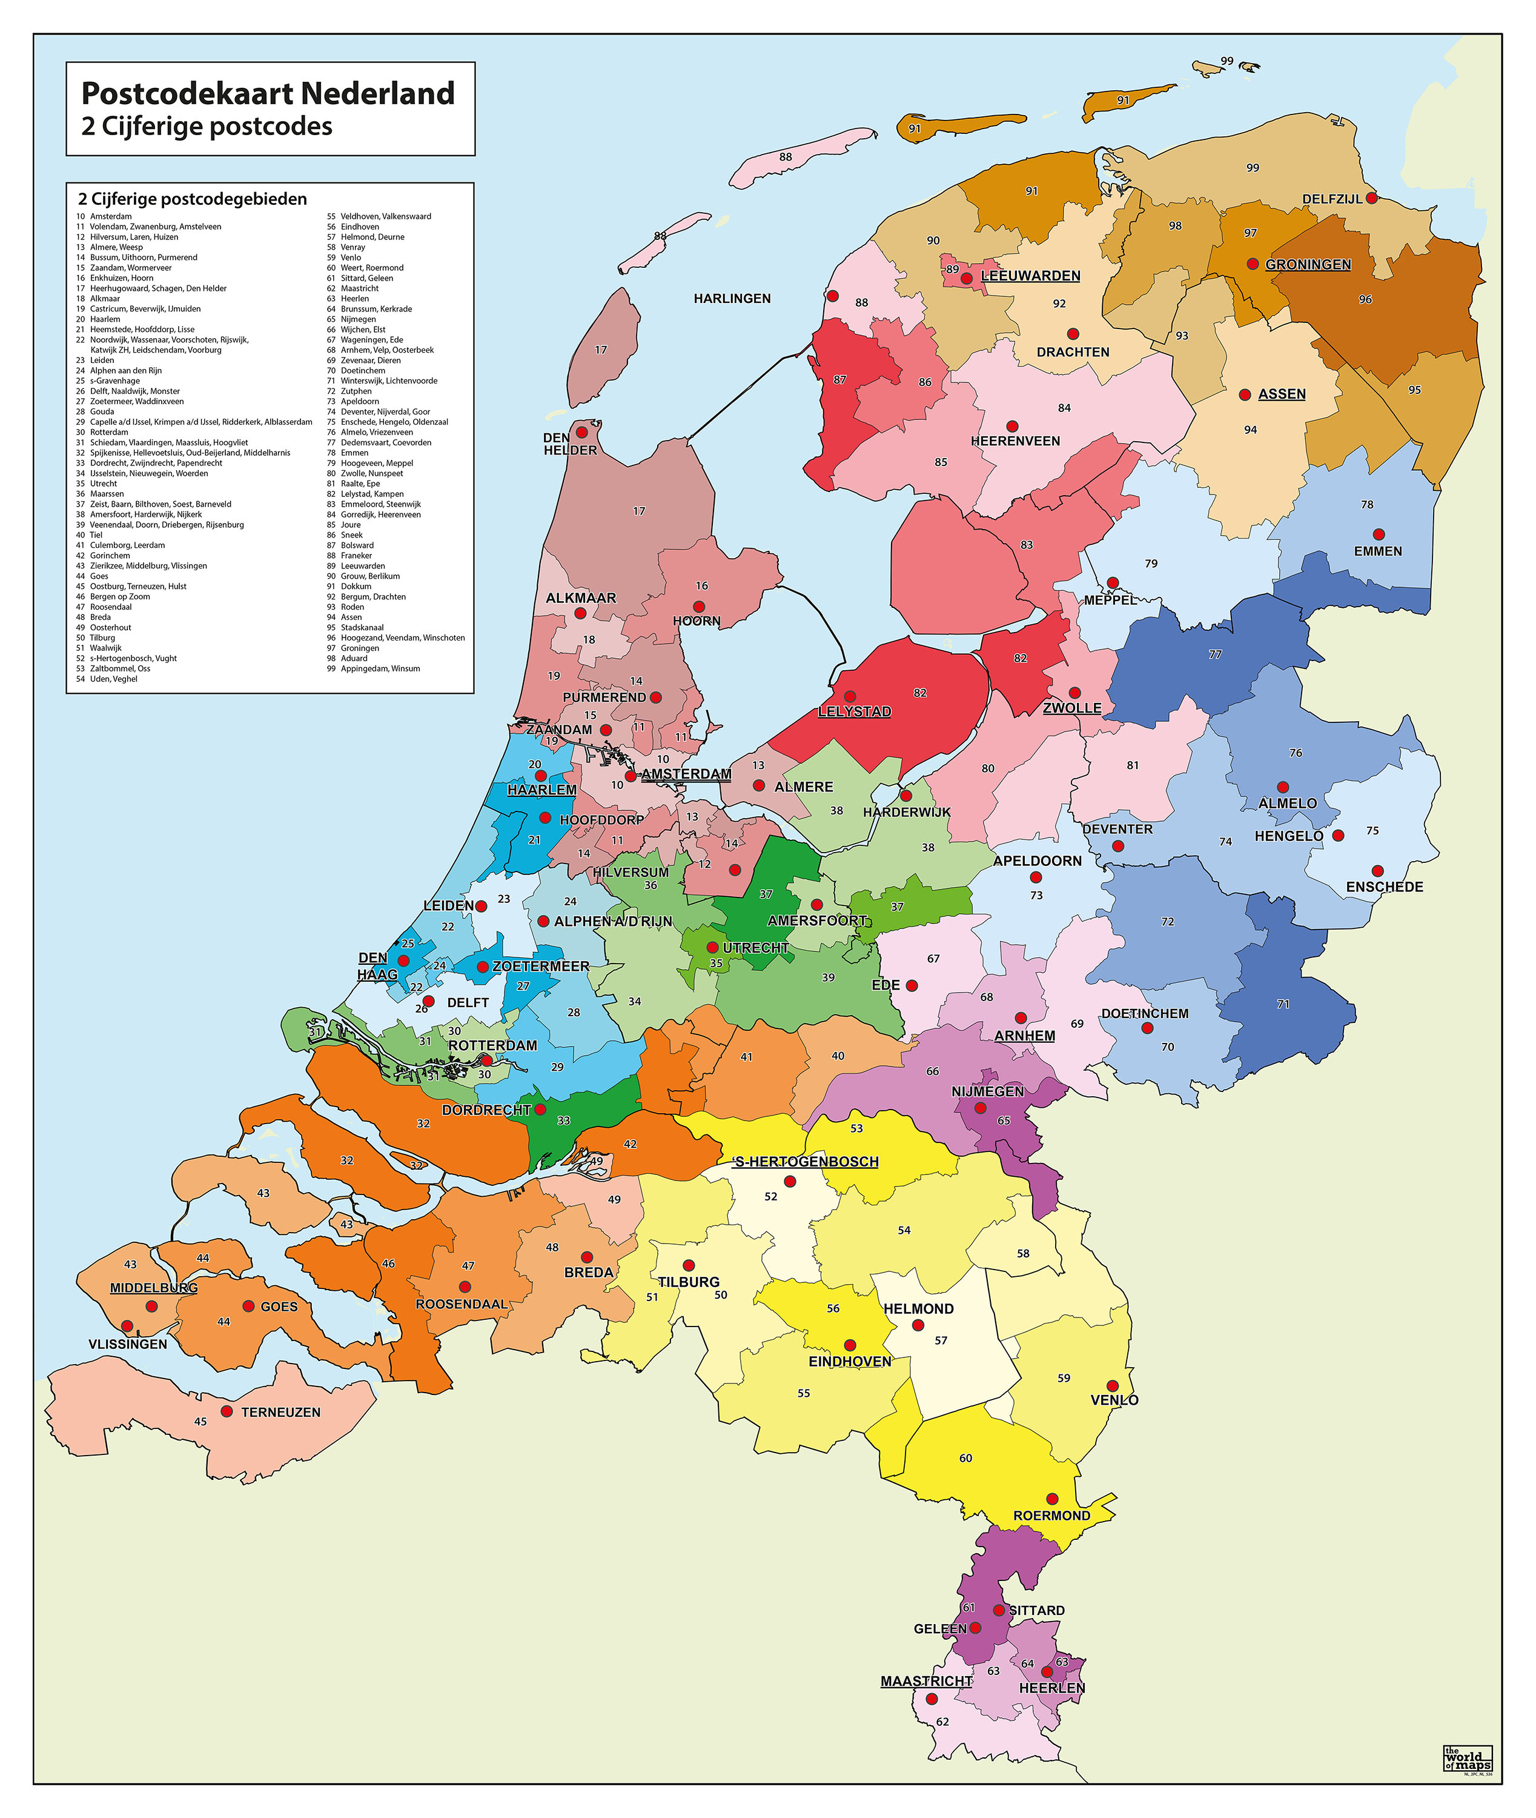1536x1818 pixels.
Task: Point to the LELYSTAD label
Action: click(x=854, y=711)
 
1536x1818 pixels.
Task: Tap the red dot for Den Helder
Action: click(x=581, y=432)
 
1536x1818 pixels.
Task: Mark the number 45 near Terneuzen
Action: click(x=200, y=1422)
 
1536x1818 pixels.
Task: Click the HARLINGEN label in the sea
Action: click(x=732, y=299)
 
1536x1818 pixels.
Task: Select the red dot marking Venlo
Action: click(x=1112, y=1386)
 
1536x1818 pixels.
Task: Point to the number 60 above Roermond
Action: click(x=965, y=1458)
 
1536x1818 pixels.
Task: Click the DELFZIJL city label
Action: click(x=1331, y=199)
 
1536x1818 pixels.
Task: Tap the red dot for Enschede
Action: click(x=1377, y=871)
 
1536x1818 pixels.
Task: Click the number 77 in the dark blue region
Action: click(x=1215, y=654)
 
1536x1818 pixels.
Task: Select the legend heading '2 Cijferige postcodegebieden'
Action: click(x=193, y=199)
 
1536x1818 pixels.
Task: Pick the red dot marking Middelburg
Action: click(x=151, y=1307)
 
